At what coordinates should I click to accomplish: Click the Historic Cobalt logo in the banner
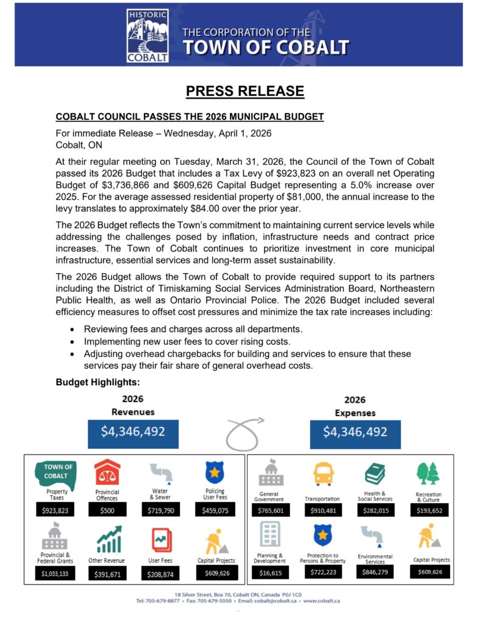pyautogui.click(x=148, y=36)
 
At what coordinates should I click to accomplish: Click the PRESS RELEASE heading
pyautogui.click(x=244, y=91)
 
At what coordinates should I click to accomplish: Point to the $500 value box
pyautogui.click(x=107, y=510)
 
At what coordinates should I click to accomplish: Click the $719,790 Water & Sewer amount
pyautogui.click(x=161, y=510)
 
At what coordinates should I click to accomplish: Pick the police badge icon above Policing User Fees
pyautogui.click(x=215, y=473)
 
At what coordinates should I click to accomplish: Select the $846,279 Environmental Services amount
pyautogui.click(x=375, y=573)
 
